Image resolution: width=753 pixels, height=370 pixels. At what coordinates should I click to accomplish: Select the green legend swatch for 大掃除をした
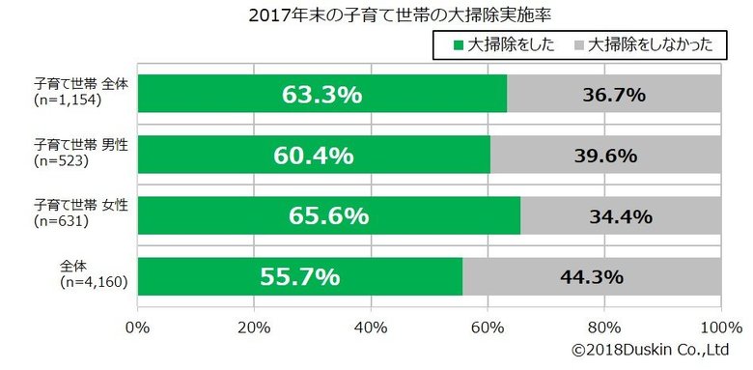pyautogui.click(x=458, y=45)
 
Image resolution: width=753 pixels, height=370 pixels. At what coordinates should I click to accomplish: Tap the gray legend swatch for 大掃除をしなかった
pyautogui.click(x=578, y=45)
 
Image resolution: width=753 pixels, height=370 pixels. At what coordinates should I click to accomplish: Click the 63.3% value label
pyautogui.click(x=321, y=95)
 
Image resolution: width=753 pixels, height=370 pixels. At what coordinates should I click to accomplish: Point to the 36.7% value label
pyautogui.click(x=614, y=95)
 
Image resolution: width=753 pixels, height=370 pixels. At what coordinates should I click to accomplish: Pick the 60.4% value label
pyautogui.click(x=313, y=156)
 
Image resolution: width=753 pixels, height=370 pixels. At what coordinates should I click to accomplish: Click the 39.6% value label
pyautogui.click(x=605, y=156)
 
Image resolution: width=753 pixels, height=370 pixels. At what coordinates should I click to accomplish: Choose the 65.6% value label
pyautogui.click(x=328, y=216)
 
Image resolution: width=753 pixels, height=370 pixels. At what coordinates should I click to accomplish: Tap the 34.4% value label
pyautogui.click(x=621, y=216)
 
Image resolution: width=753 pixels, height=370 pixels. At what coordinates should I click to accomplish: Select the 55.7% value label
pyautogui.click(x=299, y=277)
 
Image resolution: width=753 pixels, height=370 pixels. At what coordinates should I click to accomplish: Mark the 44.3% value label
pyautogui.click(x=592, y=277)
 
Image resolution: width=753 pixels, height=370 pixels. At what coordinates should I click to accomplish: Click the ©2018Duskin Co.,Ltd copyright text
pyautogui.click(x=649, y=349)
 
